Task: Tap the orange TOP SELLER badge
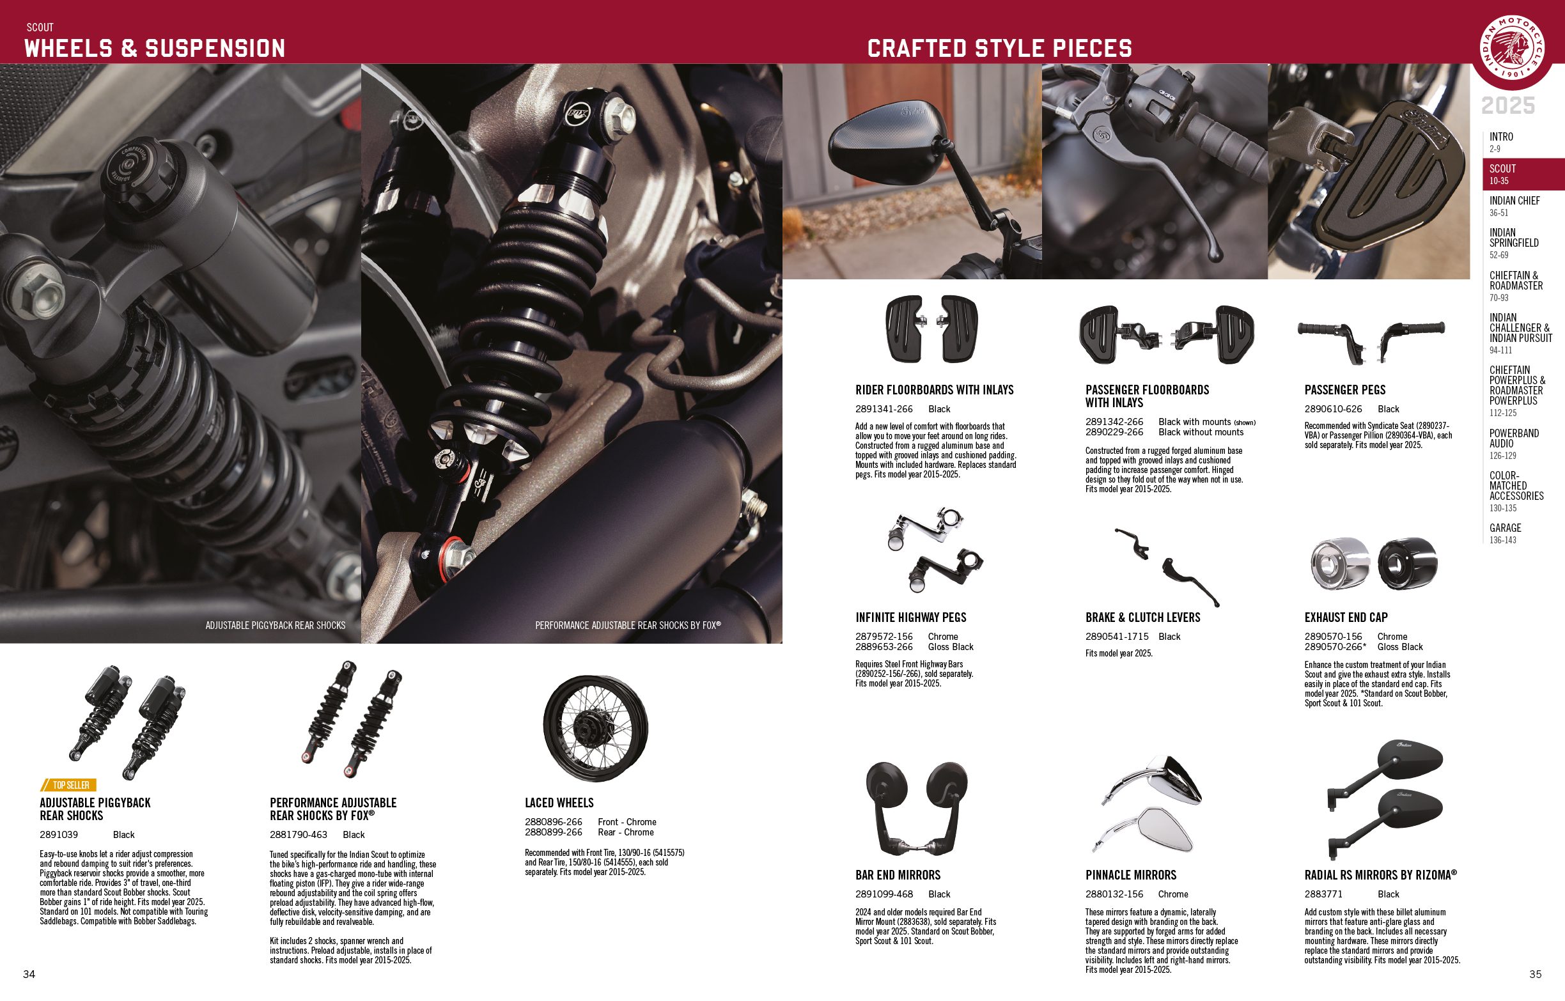coord(68,785)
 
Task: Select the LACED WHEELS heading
coord(559,803)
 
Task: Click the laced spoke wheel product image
coord(595,728)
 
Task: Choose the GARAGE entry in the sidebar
coord(1505,533)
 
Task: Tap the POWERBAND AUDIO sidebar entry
coord(1514,444)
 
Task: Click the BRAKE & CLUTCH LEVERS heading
coord(1142,617)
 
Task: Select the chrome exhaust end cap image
coord(1339,563)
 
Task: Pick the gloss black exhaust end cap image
coord(1408,563)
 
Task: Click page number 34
coord(29,974)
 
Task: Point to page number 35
coord(1535,974)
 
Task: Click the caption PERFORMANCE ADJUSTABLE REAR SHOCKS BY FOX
coord(628,625)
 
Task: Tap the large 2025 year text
coord(1508,105)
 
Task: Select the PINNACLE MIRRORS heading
coord(1131,875)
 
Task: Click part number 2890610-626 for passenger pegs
coord(1333,409)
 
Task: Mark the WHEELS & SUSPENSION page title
coord(155,48)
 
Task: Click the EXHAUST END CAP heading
coord(1346,617)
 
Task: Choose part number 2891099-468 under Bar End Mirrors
coord(884,894)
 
